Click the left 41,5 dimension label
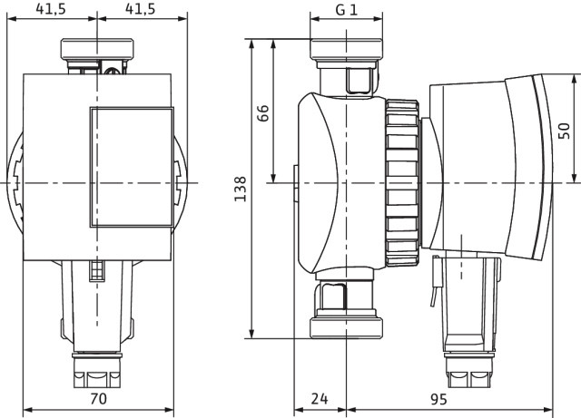(51, 9)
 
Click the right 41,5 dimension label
(141, 9)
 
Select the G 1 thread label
(347, 9)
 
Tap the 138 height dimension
(240, 189)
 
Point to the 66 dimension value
(262, 113)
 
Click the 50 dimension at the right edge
(564, 131)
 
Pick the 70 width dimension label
(98, 398)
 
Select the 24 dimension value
(320, 399)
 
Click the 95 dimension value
(438, 399)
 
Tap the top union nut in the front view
(97, 49)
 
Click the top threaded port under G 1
(346, 48)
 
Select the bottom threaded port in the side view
(346, 327)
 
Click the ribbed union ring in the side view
(402, 182)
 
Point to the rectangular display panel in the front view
(132, 167)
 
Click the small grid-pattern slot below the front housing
(97, 270)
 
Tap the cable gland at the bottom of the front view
(97, 370)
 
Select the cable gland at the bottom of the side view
(469, 370)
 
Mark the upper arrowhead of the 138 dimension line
(252, 44)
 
